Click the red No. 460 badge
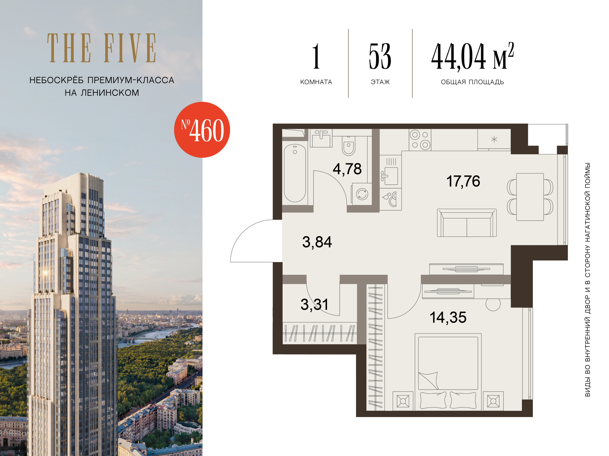point(202,130)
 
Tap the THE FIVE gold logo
point(102,48)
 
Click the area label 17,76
point(463,181)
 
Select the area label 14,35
point(448,317)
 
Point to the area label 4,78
point(347,169)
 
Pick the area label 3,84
point(317,242)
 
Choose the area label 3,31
point(315,305)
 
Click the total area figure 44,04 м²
point(473,57)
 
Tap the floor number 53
point(380,56)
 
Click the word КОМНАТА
point(316,82)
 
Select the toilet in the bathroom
point(349,146)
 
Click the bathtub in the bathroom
point(295,173)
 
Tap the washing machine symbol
point(362,194)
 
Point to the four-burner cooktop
point(420,140)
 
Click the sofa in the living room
point(467,223)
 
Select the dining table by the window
point(530,197)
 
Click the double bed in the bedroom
point(448,372)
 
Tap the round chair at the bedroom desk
point(493,304)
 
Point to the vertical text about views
point(588,280)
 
